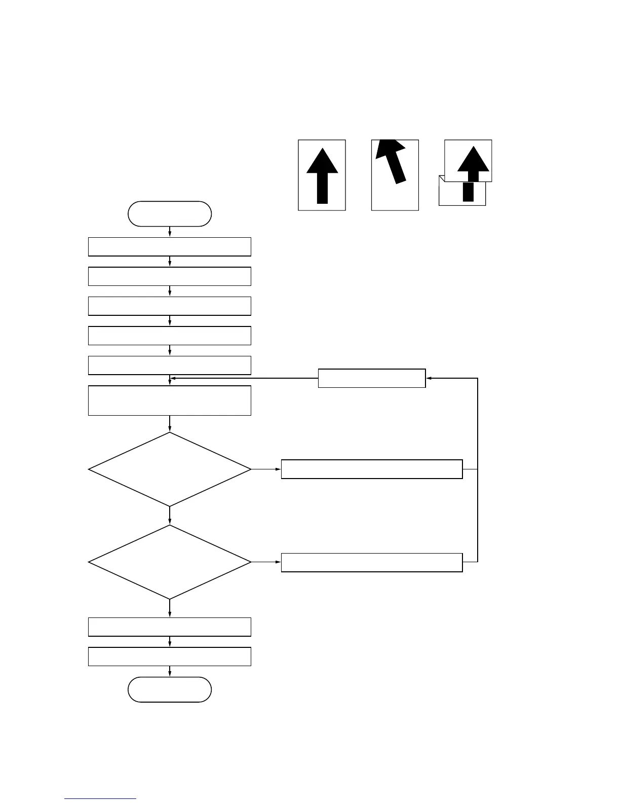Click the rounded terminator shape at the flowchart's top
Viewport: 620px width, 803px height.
[170, 213]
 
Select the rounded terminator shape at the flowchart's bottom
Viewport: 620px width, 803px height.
[170, 689]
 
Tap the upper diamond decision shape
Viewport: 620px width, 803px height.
[170, 469]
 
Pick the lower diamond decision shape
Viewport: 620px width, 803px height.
[170, 562]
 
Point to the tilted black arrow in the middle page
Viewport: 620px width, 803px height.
[393, 159]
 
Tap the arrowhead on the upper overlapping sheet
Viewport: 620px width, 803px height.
[473, 159]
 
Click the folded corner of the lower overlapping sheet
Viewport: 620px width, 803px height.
[442, 178]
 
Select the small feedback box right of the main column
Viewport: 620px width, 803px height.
[372, 378]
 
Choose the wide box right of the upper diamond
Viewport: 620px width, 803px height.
[372, 469]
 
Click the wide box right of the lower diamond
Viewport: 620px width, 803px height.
[372, 563]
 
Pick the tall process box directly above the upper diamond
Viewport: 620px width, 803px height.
[170, 400]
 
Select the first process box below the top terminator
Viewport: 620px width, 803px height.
[170, 247]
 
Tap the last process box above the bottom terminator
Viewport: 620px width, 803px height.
[170, 656]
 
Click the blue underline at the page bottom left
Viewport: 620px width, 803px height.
[100, 799]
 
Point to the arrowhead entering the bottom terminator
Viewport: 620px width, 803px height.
[170, 674]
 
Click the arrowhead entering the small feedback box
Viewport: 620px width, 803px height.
[429, 378]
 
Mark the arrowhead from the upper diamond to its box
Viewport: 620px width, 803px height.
[278, 469]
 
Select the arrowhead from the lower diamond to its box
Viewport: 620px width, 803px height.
[278, 562]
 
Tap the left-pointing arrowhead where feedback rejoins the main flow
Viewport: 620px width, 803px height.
[173, 378]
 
